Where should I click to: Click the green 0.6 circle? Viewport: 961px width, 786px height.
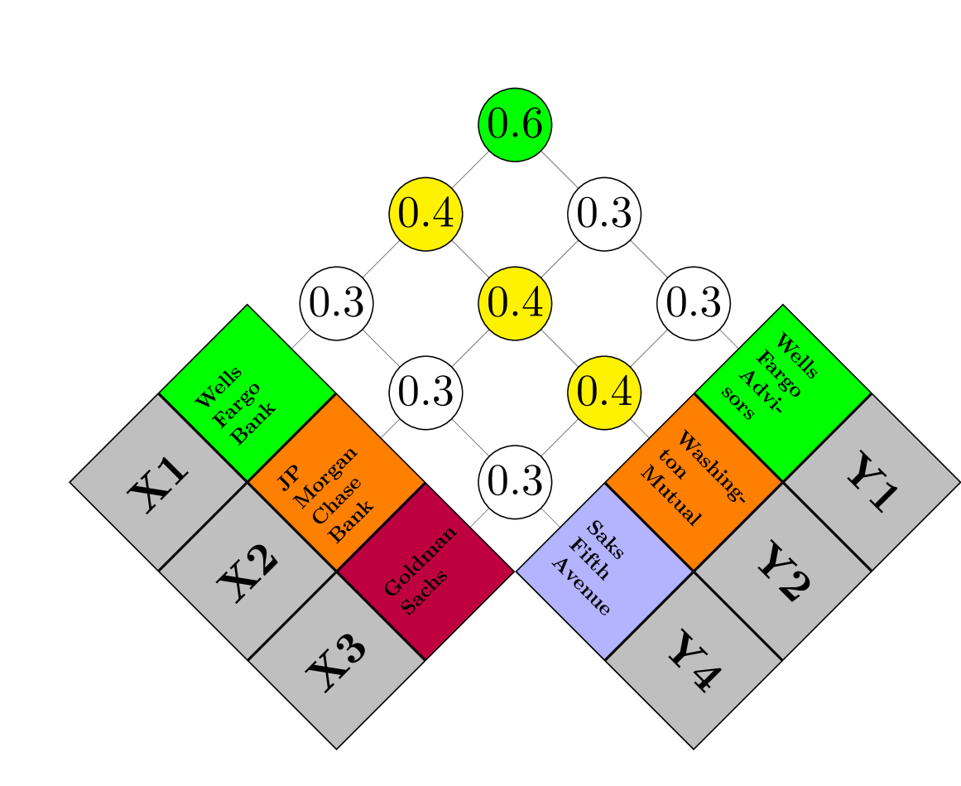point(515,125)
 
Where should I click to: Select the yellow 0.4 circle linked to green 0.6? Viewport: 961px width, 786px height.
point(425,215)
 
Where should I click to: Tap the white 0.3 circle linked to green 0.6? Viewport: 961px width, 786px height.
point(604,215)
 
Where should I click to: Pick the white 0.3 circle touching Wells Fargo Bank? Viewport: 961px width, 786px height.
point(336,303)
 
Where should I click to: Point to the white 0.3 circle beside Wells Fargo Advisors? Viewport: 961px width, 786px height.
point(694,303)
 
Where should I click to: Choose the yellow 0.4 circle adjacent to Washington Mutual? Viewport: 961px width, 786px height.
point(604,393)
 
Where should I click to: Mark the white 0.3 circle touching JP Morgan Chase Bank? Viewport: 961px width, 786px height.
point(425,393)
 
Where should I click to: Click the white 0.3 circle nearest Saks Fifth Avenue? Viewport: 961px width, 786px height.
point(515,482)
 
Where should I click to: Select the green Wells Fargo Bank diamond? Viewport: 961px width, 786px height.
point(247,393)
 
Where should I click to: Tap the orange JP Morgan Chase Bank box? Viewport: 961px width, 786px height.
point(336,482)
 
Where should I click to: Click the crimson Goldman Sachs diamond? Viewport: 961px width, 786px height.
point(425,571)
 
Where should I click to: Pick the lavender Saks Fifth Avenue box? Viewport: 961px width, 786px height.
point(604,571)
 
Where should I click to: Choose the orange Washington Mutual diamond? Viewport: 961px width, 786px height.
point(694,482)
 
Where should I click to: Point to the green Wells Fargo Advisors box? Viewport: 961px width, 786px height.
point(783,393)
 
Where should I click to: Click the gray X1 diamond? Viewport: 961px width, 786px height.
point(158,482)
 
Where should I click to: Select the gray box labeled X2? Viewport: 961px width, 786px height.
point(247,571)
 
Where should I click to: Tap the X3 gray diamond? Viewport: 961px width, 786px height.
point(336,661)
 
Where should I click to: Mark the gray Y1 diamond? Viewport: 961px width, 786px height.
point(872,482)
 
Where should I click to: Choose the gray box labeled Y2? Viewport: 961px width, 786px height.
point(783,571)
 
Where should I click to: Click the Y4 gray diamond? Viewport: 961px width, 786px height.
point(694,661)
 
